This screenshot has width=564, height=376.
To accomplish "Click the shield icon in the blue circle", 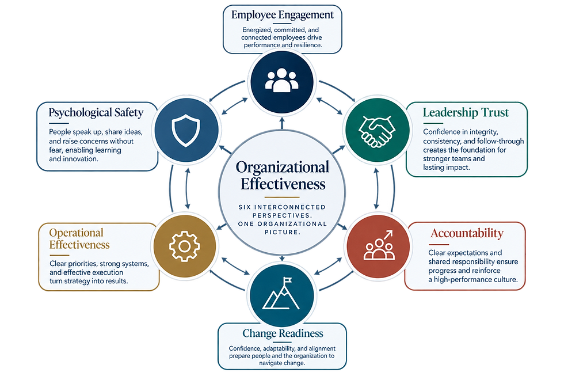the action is (185, 130).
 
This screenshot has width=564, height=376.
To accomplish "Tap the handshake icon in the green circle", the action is (377, 131).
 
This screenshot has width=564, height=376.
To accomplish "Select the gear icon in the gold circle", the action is (184, 246).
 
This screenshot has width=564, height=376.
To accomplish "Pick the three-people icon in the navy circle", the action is (281, 80).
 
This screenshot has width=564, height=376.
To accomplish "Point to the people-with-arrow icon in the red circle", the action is (379, 245).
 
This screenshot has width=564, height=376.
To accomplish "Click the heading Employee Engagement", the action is (283, 15).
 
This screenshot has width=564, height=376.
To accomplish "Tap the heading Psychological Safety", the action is (96, 113).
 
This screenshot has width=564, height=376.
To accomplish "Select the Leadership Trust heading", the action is (466, 113).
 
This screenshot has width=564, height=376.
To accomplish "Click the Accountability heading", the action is (467, 233).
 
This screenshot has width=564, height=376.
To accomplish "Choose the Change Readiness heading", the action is (283, 333).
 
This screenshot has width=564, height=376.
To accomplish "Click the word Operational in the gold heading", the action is (76, 233).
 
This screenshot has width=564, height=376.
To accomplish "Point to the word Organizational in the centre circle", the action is (283, 168).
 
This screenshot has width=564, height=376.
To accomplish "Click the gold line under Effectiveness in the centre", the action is (282, 197).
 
